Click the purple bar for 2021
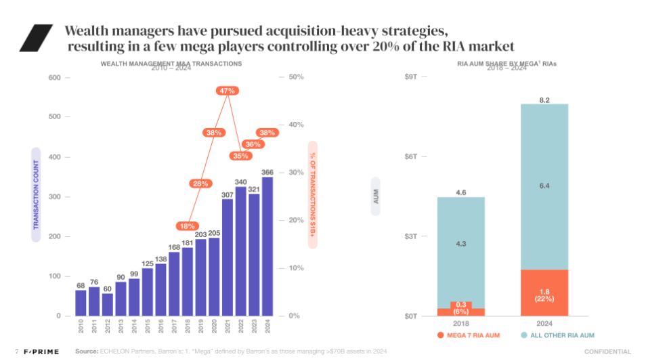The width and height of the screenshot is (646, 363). [228, 257]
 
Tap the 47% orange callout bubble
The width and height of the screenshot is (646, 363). [228, 90]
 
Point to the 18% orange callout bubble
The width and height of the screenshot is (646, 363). [187, 226]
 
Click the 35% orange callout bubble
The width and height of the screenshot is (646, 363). [240, 156]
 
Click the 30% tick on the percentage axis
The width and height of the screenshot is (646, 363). [296, 173]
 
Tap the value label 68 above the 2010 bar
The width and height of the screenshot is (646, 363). [81, 285]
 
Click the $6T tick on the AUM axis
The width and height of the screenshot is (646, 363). [411, 156]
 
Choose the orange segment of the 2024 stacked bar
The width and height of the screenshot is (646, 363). [544, 293]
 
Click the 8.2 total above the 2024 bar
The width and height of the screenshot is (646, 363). [544, 100]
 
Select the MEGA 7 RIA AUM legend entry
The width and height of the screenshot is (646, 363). [467, 335]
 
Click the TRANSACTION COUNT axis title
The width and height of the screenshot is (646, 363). [37, 195]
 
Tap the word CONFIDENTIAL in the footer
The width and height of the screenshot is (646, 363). [607, 351]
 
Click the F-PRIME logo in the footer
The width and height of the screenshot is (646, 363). [41, 351]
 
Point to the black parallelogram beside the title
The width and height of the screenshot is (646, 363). [36, 38]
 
